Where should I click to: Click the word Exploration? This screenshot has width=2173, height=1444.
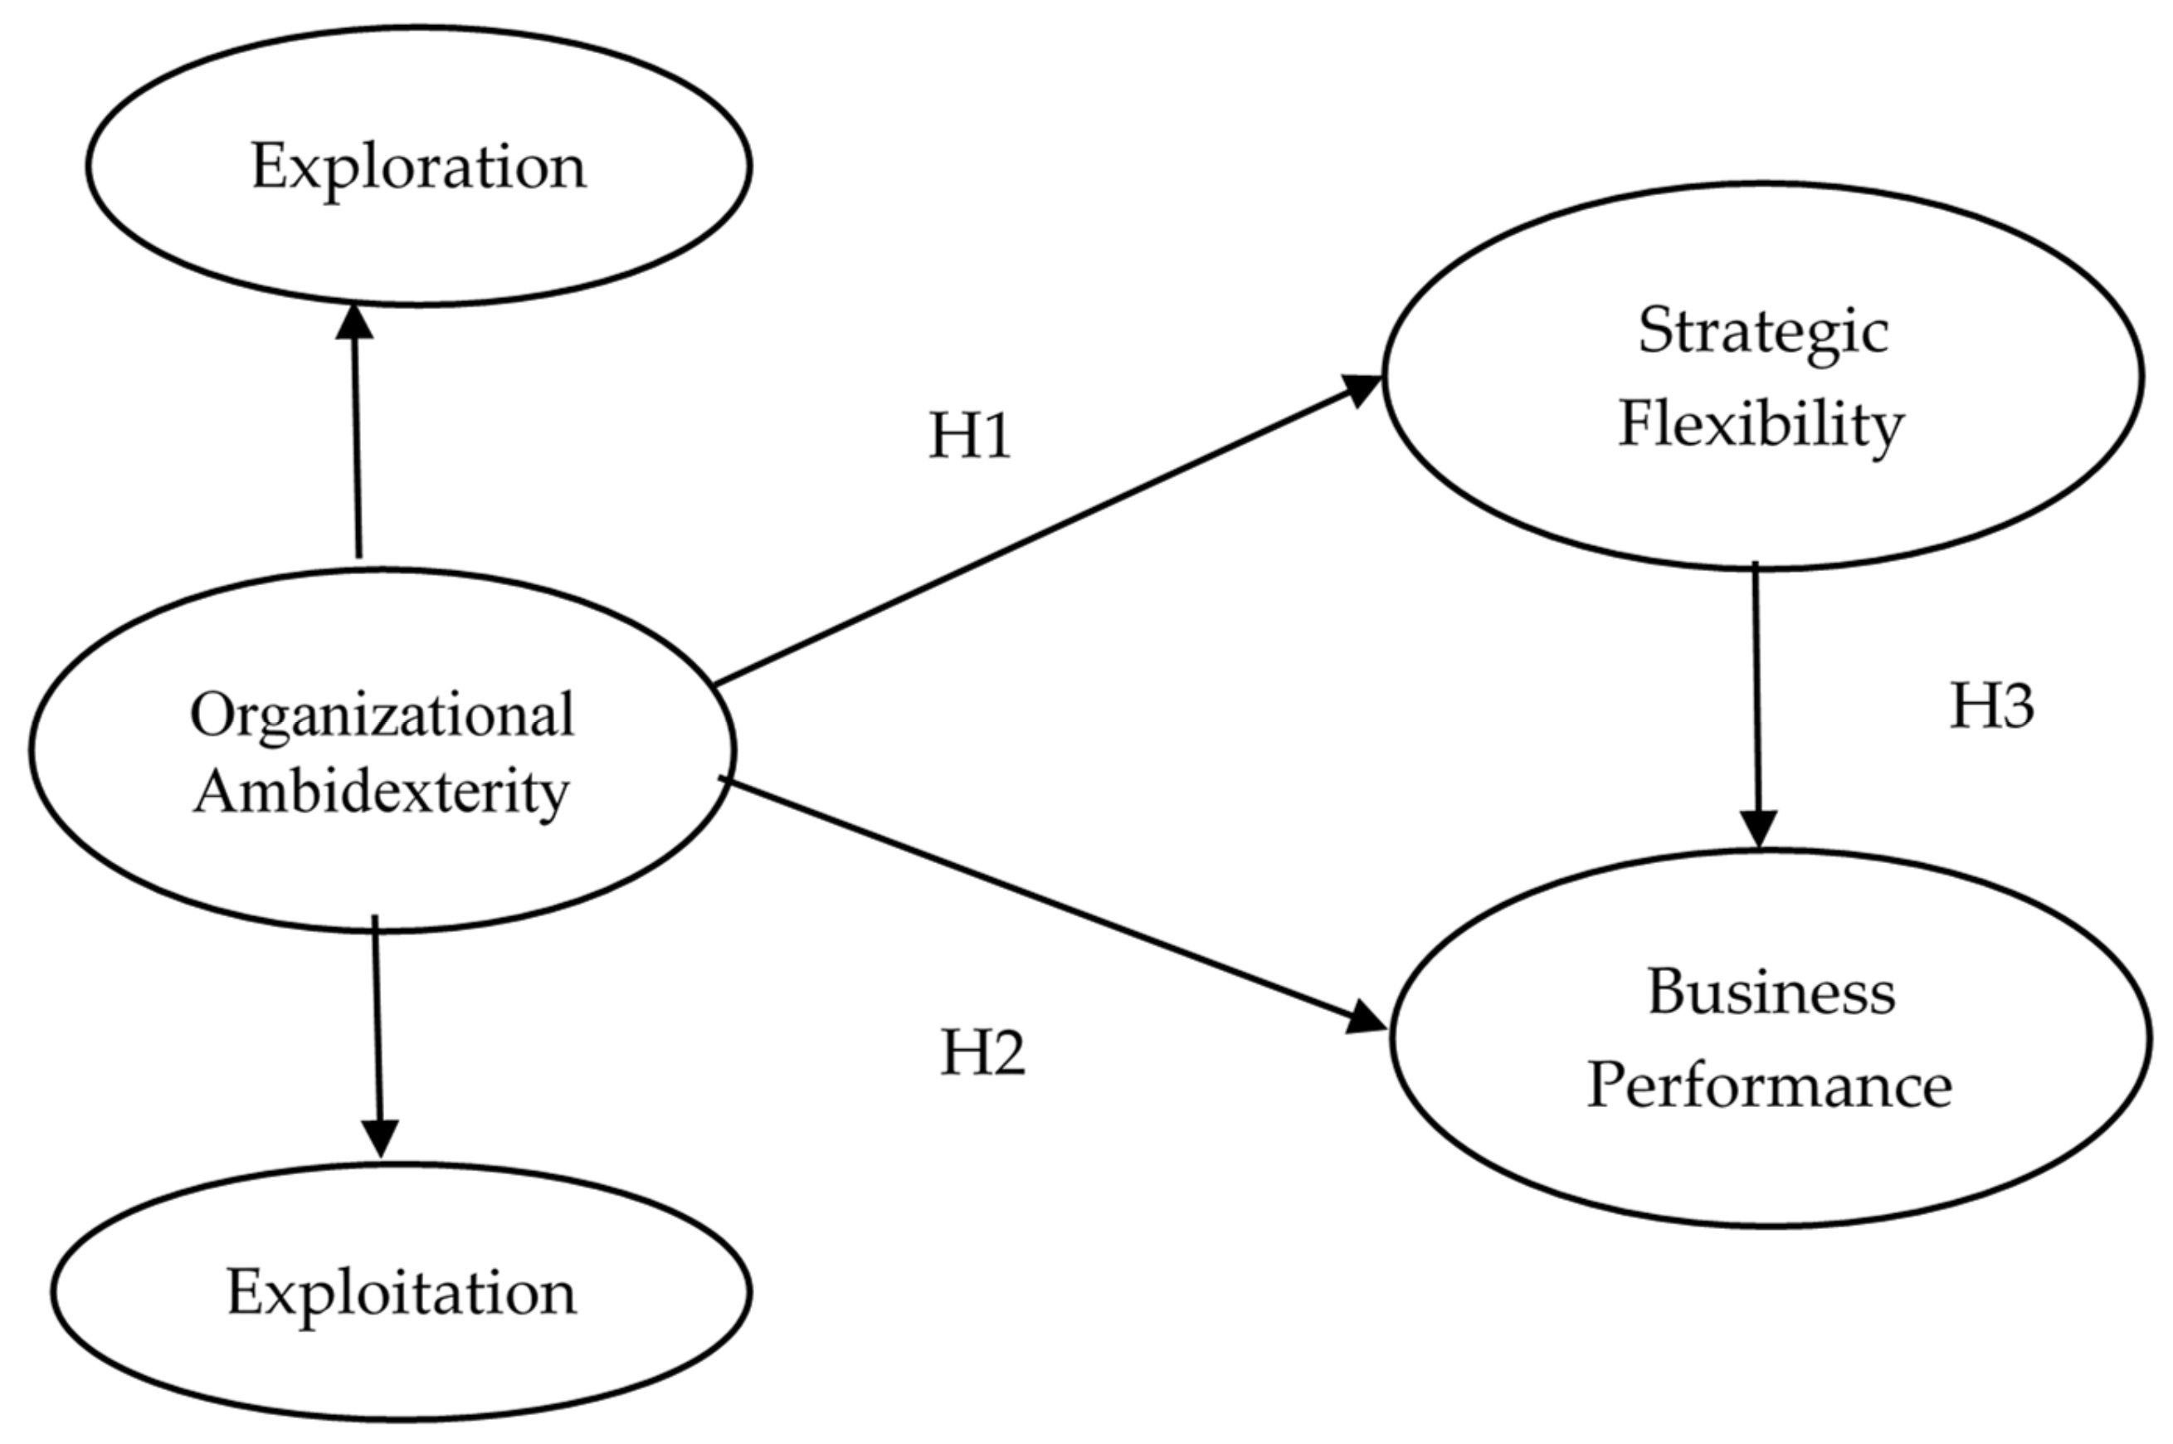click(x=418, y=168)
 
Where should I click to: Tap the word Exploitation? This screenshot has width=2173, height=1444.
click(x=402, y=1293)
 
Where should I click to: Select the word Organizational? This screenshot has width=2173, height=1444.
click(x=382, y=715)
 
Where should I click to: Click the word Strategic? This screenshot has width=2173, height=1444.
click(x=1762, y=331)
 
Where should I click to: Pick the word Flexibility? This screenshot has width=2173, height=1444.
click(x=1761, y=425)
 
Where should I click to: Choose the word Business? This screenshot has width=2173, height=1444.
click(x=1771, y=993)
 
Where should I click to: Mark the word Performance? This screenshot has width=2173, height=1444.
click(x=1769, y=1085)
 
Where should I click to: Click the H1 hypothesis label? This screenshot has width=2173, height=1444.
click(x=970, y=436)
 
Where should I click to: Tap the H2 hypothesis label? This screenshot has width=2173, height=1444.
click(x=982, y=1052)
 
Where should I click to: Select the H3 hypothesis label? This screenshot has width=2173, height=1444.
click(x=1991, y=707)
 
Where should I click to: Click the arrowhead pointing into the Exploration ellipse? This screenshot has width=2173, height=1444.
click(x=353, y=322)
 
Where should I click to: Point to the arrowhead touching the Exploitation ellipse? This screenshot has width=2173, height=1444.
click(x=380, y=1139)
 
